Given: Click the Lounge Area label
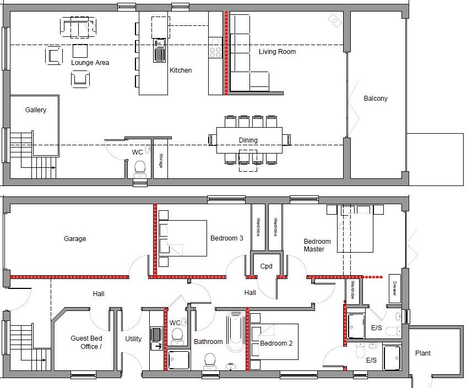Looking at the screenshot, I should (x=90, y=63).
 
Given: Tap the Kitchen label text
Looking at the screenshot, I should (x=181, y=70).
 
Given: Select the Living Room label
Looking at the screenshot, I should (x=277, y=52).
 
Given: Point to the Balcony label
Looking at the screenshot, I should (x=376, y=99).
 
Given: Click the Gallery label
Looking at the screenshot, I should (x=36, y=110).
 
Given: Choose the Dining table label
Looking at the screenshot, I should (x=248, y=140).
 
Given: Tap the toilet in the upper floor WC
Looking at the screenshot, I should (x=139, y=167).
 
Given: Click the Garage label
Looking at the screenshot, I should (x=75, y=239).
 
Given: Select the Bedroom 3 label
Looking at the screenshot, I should (x=226, y=238).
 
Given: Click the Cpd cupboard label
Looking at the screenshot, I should (x=267, y=266).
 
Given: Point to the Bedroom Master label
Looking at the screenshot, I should (x=317, y=245).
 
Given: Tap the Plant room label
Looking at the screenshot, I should (x=423, y=353).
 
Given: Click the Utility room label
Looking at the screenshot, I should (x=133, y=339).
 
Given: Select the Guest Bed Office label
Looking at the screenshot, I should (x=86, y=342).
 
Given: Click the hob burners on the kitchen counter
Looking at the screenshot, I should (x=215, y=51).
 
